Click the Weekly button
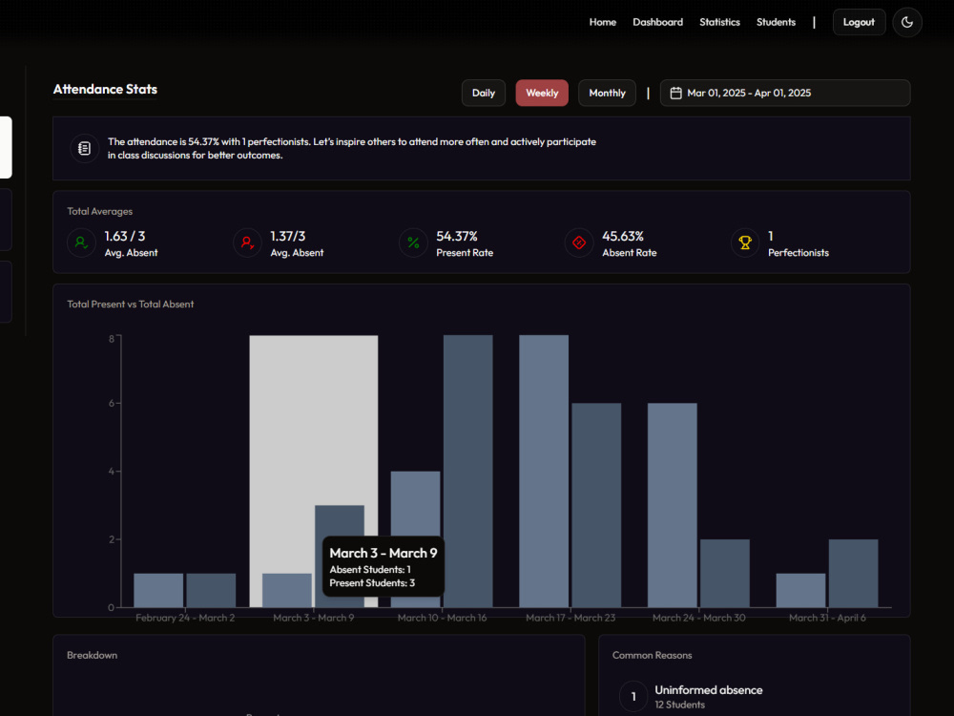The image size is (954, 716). tap(542, 94)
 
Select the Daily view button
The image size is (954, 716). tap(483, 94)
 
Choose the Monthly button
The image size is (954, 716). tap(607, 94)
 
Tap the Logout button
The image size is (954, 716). tap(859, 23)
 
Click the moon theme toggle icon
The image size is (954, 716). tap(907, 23)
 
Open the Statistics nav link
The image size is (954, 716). tap(719, 22)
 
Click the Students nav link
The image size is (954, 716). tap(776, 22)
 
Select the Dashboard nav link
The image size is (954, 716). tap(657, 22)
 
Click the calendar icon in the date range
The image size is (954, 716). tap(675, 94)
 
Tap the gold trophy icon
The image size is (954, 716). tap(745, 242)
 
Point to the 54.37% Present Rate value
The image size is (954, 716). tap(457, 236)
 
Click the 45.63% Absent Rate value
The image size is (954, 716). tap(623, 236)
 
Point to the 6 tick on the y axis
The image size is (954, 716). tap(112, 403)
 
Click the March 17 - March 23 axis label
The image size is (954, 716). tap(570, 618)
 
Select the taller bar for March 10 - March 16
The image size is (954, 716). tap(467, 472)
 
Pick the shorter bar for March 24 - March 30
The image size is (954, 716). tap(725, 574)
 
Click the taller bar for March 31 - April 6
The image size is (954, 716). tap(853, 574)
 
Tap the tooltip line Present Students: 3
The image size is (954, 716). tap(372, 583)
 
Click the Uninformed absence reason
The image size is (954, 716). tap(709, 690)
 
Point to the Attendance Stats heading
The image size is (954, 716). tap(105, 90)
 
